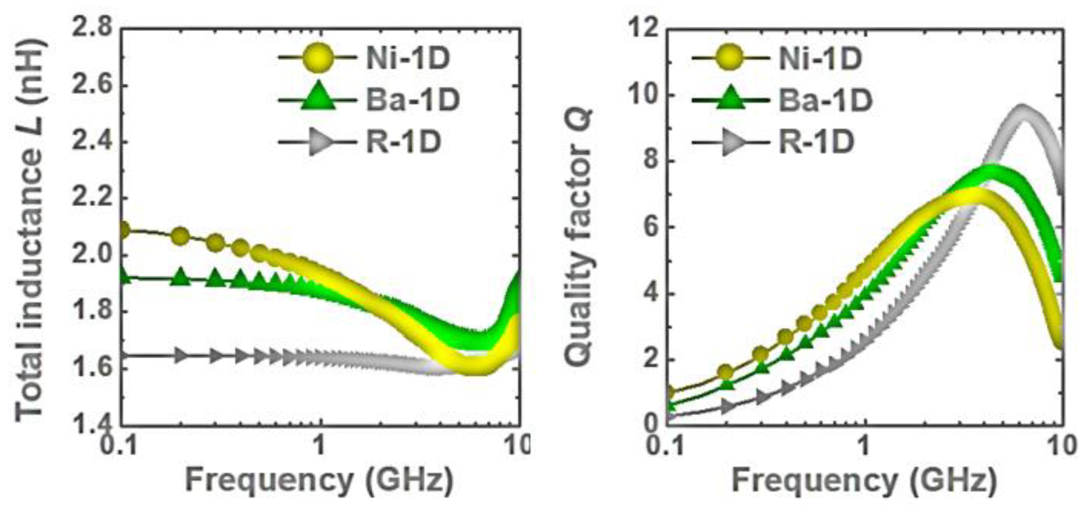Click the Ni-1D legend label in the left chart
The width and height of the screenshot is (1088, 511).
[407, 59]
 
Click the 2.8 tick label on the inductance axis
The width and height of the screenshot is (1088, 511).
[92, 29]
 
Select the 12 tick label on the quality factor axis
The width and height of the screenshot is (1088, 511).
[643, 29]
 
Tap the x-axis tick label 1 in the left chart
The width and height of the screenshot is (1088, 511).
[319, 444]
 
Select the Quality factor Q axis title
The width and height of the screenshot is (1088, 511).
[580, 237]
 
